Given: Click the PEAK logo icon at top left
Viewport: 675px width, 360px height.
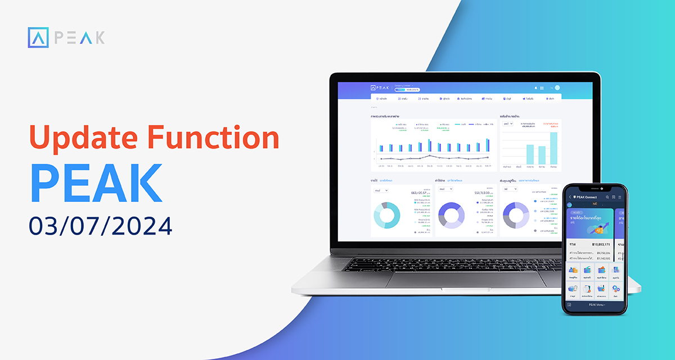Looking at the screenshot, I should point(38,38).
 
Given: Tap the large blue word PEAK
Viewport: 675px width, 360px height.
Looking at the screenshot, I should point(96,183).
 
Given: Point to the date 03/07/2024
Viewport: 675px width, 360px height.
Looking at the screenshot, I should point(101,226).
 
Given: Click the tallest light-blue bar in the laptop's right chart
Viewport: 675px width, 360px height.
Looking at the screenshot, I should point(553,148).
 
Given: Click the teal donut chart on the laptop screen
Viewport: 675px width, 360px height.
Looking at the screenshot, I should point(386,215).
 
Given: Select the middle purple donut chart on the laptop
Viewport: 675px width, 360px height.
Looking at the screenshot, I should point(451,215).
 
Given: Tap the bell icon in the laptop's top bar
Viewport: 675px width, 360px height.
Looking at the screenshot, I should point(535,88).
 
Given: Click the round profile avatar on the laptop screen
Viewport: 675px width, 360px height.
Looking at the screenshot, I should point(557,88).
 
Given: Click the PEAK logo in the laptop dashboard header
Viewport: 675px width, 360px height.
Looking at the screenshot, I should point(380,88).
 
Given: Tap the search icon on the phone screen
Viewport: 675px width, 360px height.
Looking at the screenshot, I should point(607,197).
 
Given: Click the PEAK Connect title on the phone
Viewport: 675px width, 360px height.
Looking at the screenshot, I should point(586,197).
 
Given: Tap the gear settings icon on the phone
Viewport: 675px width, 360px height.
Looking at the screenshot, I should point(616,288).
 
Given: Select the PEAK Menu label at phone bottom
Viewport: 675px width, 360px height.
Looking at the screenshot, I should point(596,304).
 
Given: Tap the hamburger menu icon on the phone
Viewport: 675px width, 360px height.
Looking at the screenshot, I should point(620,197).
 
